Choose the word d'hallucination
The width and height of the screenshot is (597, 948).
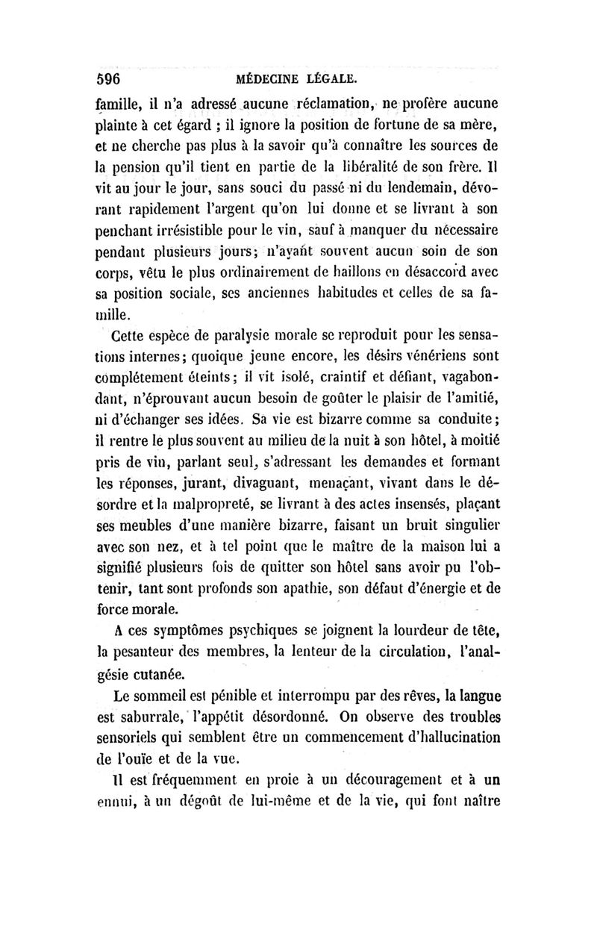[x=441, y=738]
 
